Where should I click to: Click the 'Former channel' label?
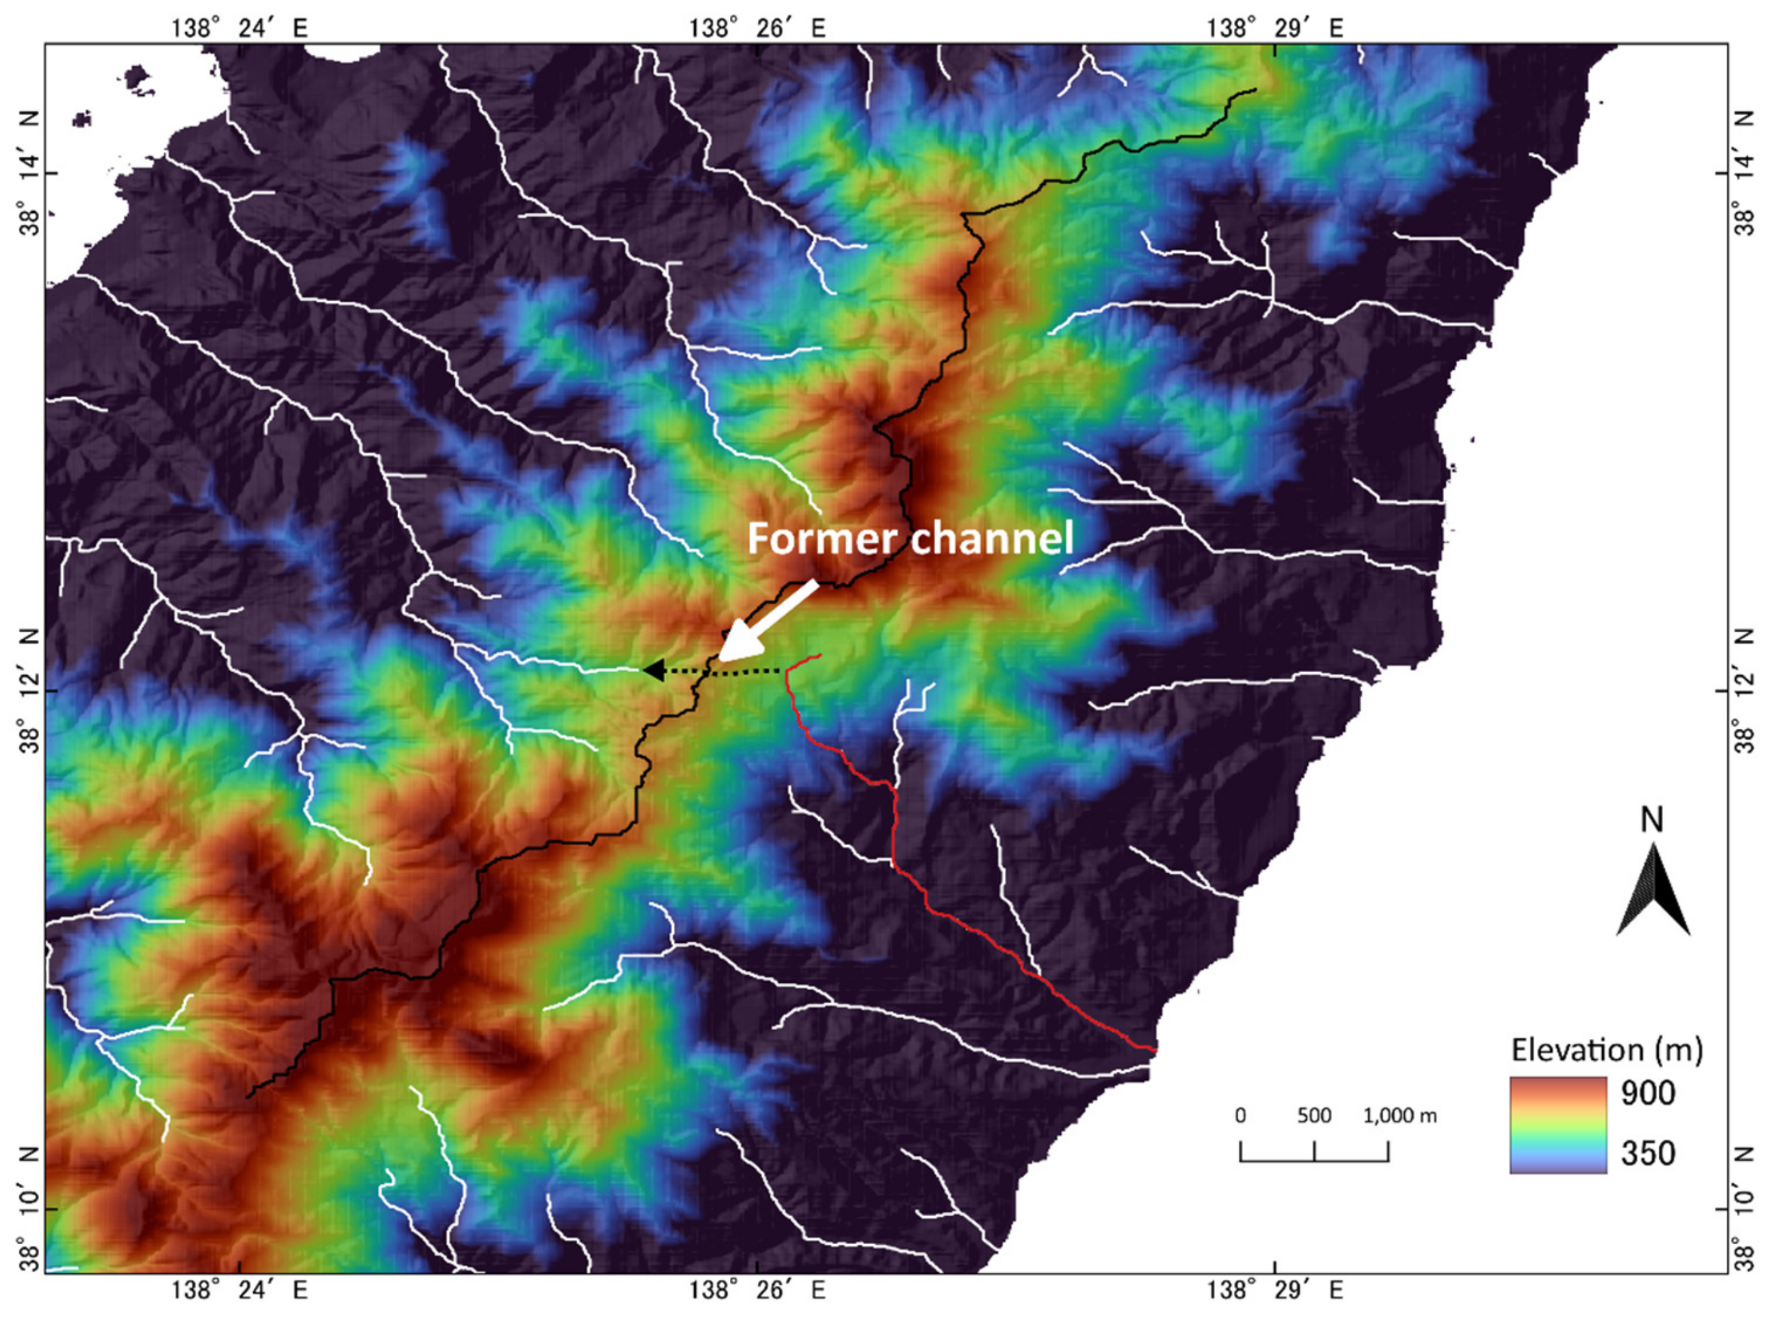click(910, 539)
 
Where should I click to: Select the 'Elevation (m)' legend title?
click(1606, 1050)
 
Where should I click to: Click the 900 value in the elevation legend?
click(1648, 1093)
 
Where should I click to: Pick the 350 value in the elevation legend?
click(1648, 1153)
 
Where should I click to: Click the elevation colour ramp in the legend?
click(1557, 1125)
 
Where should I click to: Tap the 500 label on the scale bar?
click(1314, 1116)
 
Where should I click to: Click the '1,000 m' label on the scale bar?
click(1399, 1116)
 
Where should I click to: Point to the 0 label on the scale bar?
click(1240, 1116)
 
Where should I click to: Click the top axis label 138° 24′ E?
click(239, 29)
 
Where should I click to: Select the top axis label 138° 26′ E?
click(757, 29)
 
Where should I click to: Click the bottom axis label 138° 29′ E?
click(1275, 1290)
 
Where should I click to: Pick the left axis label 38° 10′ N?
click(29, 1208)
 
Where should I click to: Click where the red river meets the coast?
click(1155, 1049)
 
